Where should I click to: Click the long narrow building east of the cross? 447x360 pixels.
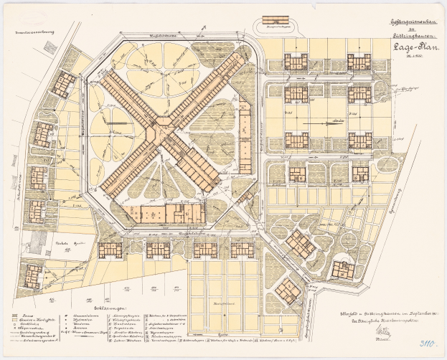245,137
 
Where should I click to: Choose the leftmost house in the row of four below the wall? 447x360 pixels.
110,250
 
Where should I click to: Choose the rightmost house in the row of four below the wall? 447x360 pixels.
242,250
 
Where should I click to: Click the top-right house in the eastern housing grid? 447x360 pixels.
359,61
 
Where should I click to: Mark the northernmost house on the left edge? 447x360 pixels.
65,84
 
